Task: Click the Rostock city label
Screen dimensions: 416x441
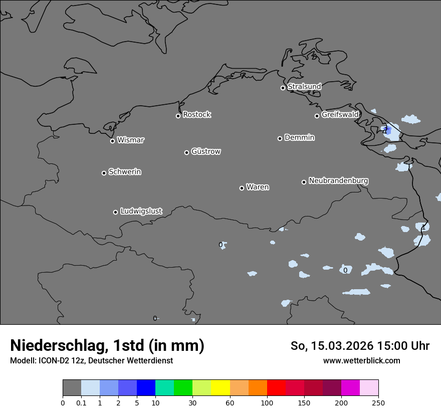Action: coord(196,115)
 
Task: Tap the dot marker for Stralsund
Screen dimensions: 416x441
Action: coord(283,88)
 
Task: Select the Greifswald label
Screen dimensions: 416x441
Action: coord(340,115)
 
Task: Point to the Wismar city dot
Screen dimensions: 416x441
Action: coord(112,141)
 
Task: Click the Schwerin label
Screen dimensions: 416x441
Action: coord(125,172)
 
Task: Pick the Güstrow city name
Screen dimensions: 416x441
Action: coord(206,151)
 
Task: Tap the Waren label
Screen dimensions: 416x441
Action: coord(258,187)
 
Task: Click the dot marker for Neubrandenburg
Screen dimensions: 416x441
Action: coord(304,182)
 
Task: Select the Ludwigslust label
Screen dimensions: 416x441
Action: coord(141,212)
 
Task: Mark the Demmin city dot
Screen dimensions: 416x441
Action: coord(280,138)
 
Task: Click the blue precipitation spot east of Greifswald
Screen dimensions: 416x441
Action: coord(387,130)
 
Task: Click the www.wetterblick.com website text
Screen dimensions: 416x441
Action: coord(361,361)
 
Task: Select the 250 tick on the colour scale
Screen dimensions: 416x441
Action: coord(378,402)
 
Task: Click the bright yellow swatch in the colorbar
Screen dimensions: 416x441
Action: coord(220,388)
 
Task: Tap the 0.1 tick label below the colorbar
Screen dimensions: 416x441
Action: coord(81,402)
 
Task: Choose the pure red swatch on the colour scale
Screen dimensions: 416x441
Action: coord(276,388)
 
